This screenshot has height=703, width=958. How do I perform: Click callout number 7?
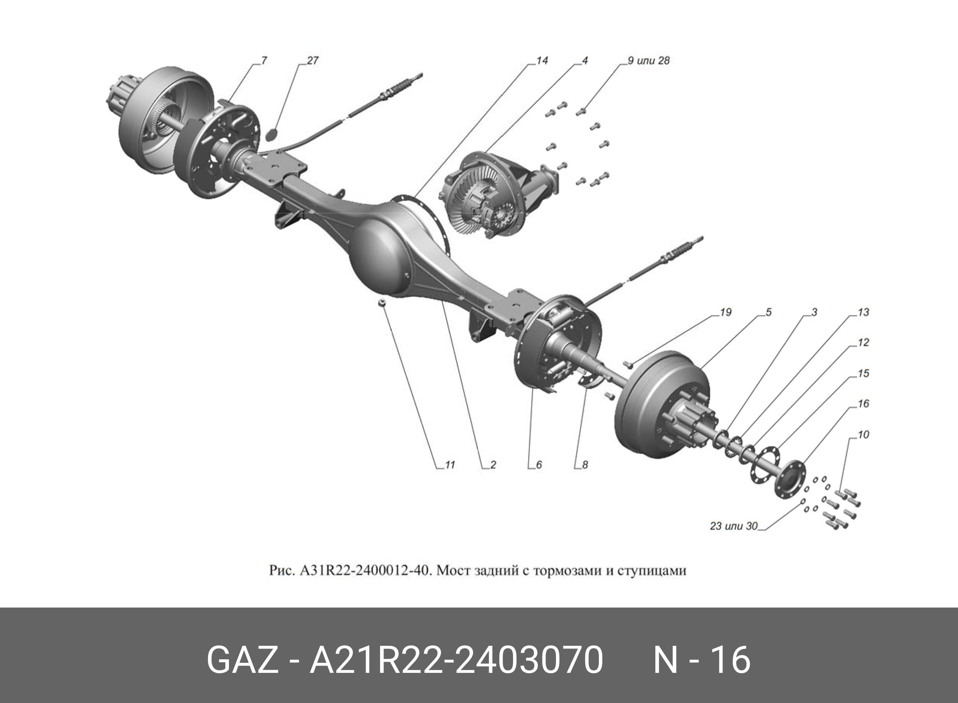(264, 60)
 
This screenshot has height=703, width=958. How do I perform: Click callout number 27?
(312, 60)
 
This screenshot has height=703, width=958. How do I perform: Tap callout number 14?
(542, 60)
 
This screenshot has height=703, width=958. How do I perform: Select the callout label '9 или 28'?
(649, 60)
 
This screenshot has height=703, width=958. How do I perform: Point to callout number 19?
(726, 312)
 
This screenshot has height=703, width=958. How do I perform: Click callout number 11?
(450, 465)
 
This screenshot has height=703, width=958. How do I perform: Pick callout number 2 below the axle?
(493, 465)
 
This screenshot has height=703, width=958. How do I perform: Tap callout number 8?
(585, 465)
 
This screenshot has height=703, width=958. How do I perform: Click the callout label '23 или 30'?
(734, 526)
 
